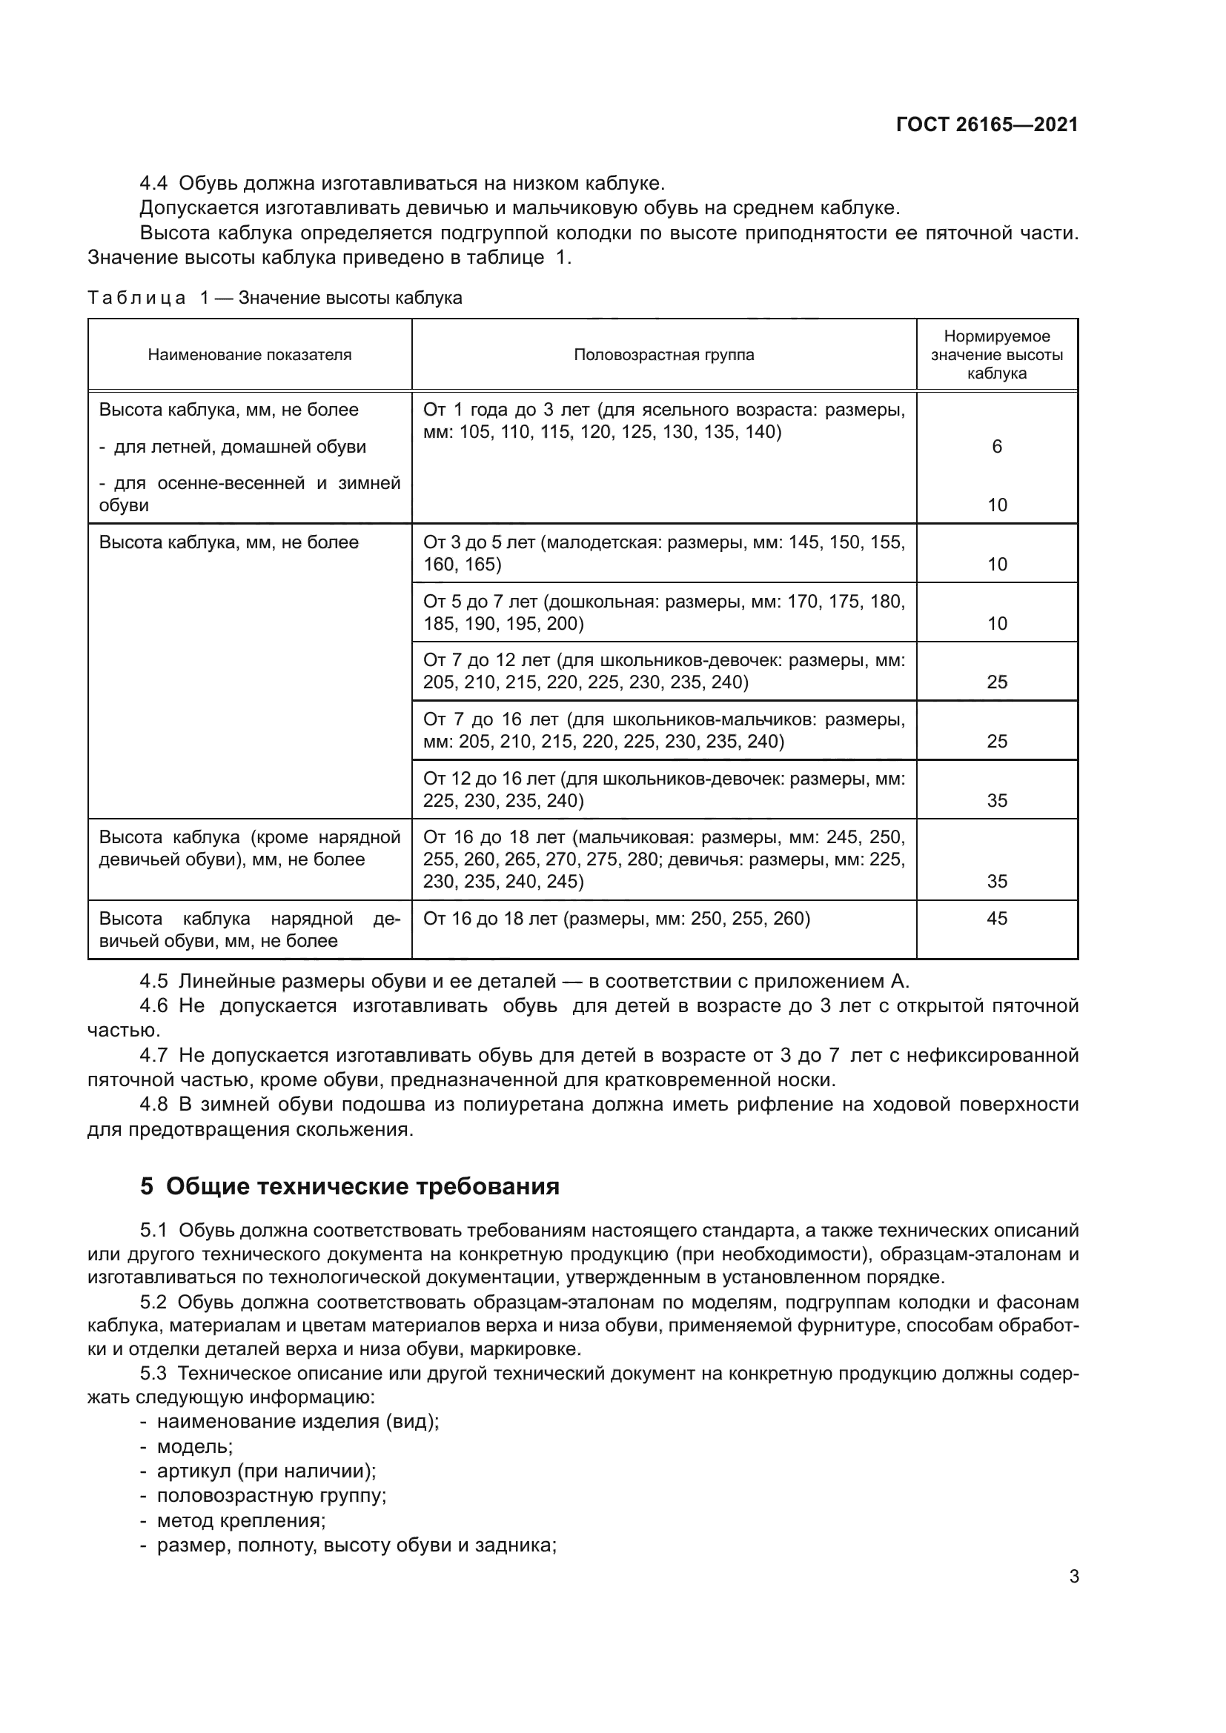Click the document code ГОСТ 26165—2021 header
[x=987, y=125]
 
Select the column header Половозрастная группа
[x=663, y=355]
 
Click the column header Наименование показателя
[x=249, y=355]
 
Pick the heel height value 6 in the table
[x=996, y=447]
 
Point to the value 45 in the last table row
[x=996, y=919]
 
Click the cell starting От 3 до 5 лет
[x=663, y=553]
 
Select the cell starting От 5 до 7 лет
[x=663, y=612]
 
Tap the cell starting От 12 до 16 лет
[x=663, y=789]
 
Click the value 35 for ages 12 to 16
[x=996, y=800]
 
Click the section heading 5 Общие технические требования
[x=350, y=1186]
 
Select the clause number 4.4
[x=155, y=184]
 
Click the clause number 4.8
[x=155, y=1104]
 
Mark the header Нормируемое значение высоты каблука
[x=996, y=355]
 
